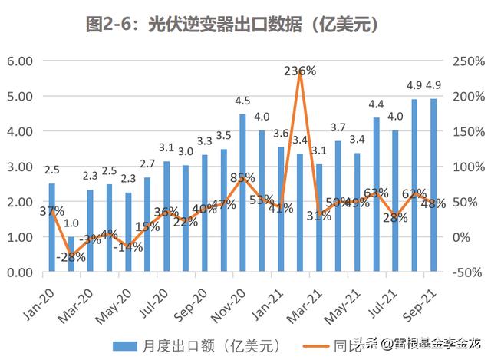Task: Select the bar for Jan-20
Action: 52,227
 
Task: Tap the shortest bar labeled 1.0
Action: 71,254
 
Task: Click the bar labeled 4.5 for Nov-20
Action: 242,193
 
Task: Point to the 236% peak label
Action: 300,71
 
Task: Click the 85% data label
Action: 243,177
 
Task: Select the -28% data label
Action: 72,257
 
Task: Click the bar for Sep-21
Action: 433,185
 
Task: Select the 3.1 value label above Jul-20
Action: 166,147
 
